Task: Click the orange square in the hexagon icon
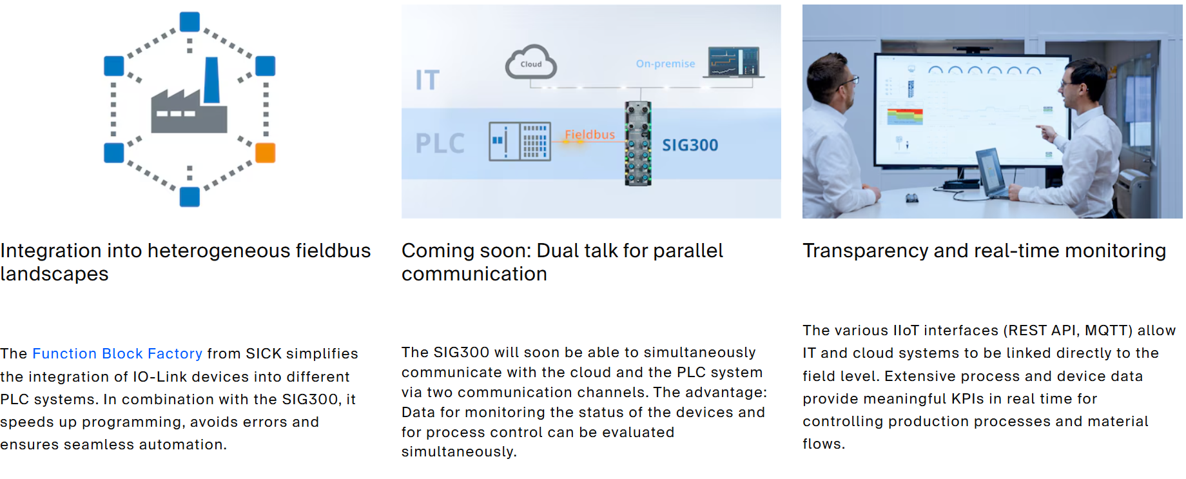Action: (x=266, y=153)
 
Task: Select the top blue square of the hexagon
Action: (x=190, y=22)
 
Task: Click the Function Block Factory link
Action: (x=117, y=353)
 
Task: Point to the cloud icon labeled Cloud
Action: (x=531, y=62)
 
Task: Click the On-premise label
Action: (x=665, y=64)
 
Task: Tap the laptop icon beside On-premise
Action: (x=734, y=63)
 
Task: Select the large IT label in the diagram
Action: (x=427, y=81)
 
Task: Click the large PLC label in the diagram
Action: (x=440, y=143)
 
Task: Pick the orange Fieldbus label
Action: (x=590, y=135)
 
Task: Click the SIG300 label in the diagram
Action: (x=690, y=145)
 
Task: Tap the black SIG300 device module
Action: (x=638, y=143)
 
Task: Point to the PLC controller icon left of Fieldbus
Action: (x=520, y=141)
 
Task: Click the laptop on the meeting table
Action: (x=991, y=172)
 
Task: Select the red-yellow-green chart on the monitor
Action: (x=905, y=117)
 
